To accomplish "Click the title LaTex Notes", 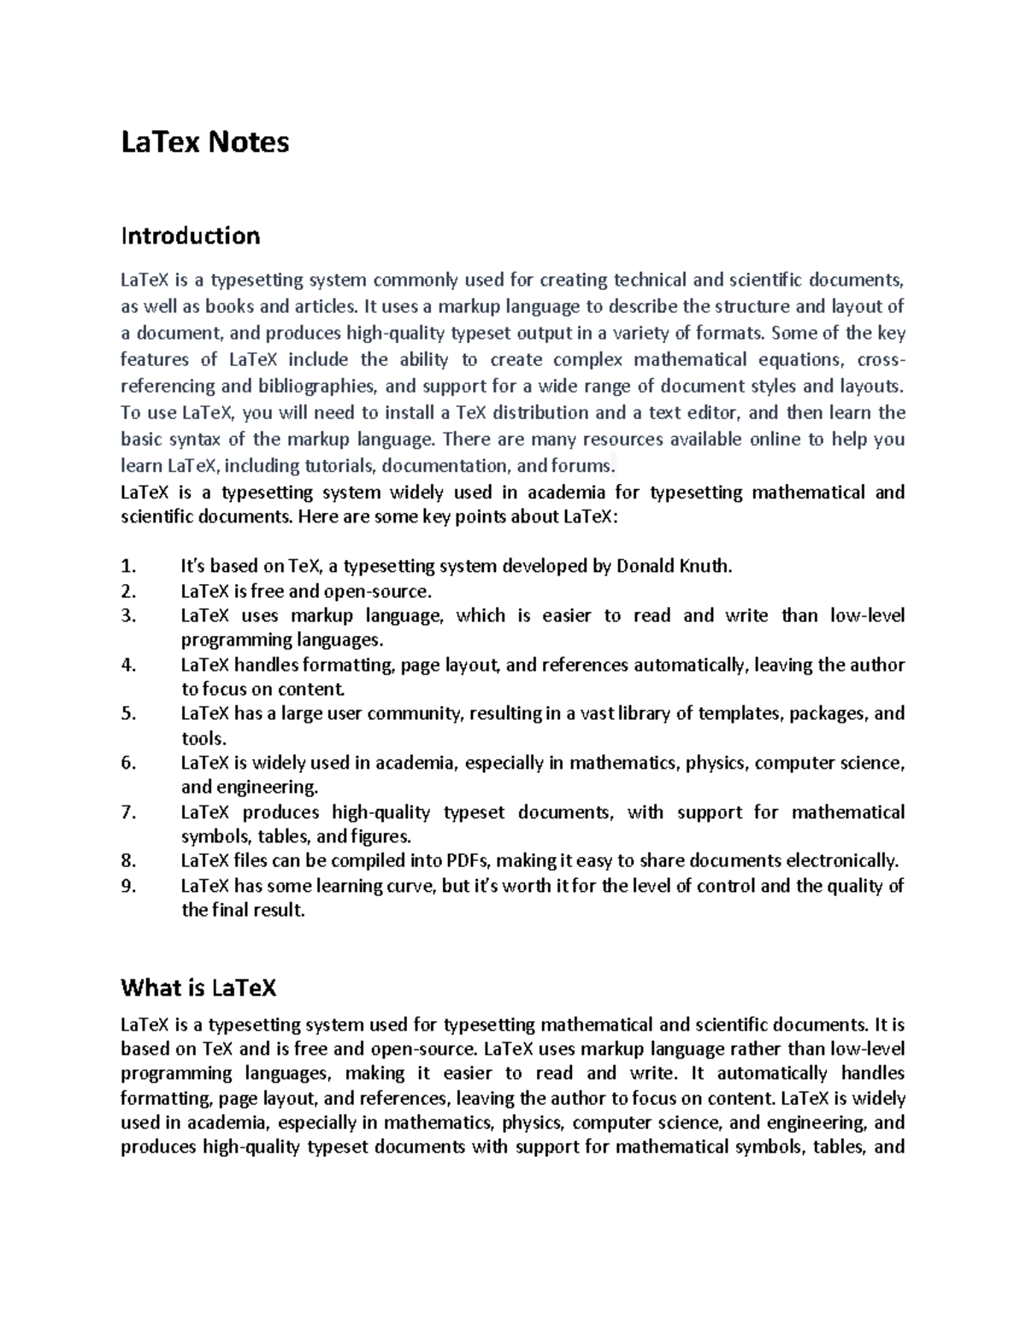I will tap(205, 142).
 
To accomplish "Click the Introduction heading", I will tap(190, 236).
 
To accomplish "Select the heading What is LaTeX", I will tap(198, 989).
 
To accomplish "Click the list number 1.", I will tap(128, 566).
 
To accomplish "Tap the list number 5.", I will tap(128, 714).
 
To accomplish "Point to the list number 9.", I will tap(128, 886).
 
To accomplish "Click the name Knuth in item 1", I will tap(705, 566).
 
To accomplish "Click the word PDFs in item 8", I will tap(469, 861).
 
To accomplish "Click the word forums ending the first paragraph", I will tap(581, 466).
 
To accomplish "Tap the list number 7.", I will tap(128, 812).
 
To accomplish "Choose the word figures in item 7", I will tap(380, 837).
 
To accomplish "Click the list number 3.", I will tap(128, 616).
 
